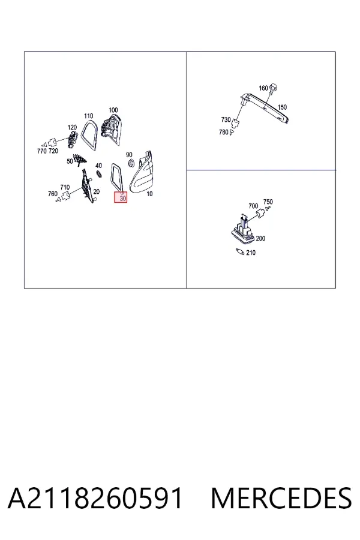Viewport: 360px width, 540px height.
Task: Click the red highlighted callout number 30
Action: click(x=123, y=199)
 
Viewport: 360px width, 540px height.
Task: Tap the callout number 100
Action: click(x=113, y=110)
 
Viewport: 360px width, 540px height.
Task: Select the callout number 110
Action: click(x=89, y=116)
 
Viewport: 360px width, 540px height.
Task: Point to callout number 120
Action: click(x=72, y=127)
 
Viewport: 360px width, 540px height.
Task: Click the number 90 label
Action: click(x=129, y=155)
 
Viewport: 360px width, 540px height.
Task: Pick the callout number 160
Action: click(x=263, y=88)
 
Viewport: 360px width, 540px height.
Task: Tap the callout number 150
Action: click(x=282, y=107)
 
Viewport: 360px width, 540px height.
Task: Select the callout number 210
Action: click(x=251, y=253)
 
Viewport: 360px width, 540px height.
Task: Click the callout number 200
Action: click(x=260, y=238)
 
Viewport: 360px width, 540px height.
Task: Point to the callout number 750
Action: click(x=268, y=202)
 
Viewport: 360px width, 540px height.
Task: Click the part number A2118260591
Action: click(x=95, y=498)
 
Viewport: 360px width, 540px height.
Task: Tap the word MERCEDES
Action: click(x=281, y=498)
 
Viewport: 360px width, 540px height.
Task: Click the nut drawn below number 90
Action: click(x=131, y=163)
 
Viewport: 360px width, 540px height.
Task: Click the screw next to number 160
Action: click(x=274, y=88)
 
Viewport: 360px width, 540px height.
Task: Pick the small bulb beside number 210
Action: click(x=240, y=251)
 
